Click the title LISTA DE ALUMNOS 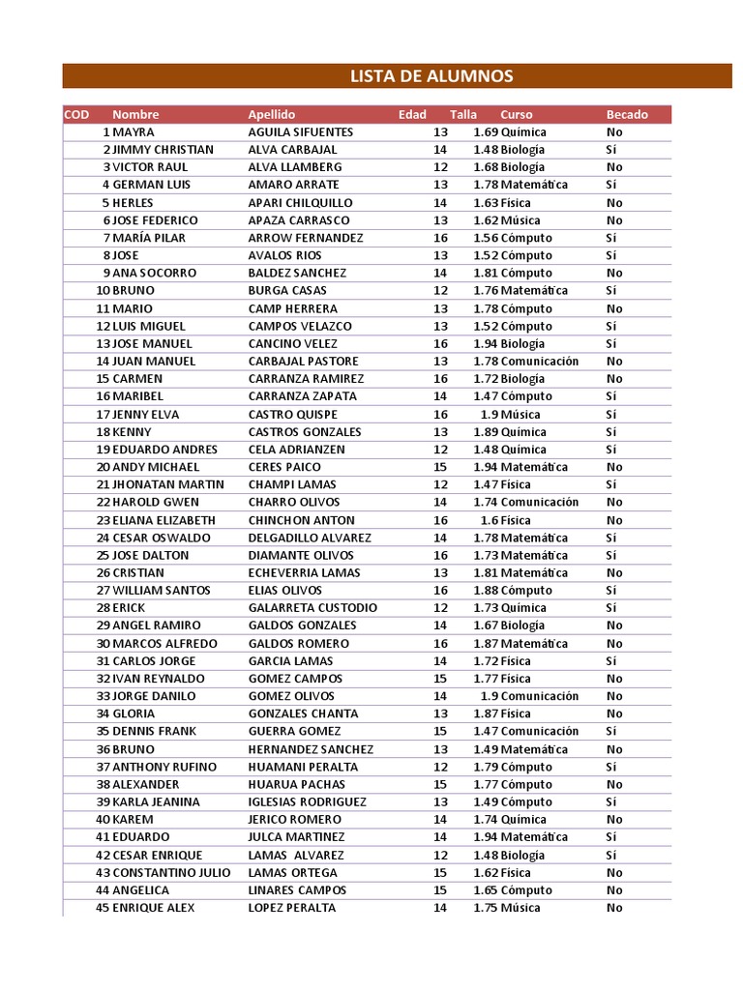[431, 76]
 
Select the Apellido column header [272, 114]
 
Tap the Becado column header [627, 114]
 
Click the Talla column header [463, 114]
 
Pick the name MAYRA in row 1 [134, 131]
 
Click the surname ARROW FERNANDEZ [306, 238]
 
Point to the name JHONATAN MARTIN [168, 484]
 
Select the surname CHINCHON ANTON [301, 520]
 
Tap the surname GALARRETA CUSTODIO [312, 608]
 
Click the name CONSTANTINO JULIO [171, 872]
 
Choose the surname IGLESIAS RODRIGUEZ [308, 801]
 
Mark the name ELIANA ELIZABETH [164, 520]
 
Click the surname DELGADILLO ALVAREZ [310, 538]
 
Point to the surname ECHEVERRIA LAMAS [304, 572]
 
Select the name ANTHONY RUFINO [161, 767]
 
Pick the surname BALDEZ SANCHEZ [297, 273]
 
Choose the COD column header [76, 114]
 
